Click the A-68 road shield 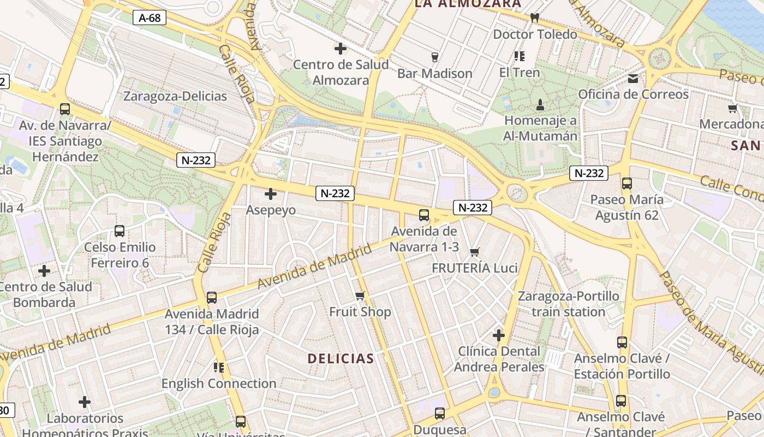[150, 18]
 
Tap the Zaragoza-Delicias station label [175, 96]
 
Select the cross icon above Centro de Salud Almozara [341, 49]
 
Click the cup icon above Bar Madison [435, 57]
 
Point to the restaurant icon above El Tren [519, 56]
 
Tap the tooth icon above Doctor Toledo [535, 18]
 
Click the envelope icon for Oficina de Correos [633, 79]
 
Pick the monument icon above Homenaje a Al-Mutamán [540, 104]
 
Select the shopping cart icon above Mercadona [732, 109]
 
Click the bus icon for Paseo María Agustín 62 [626, 184]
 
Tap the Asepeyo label [271, 210]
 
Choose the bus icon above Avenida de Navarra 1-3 [424, 215]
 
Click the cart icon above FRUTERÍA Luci [474, 252]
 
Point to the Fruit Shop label [360, 312]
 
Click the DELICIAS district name [341, 359]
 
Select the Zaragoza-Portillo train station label [568, 304]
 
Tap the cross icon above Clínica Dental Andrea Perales [499, 335]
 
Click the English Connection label [219, 383]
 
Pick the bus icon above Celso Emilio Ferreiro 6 [120, 231]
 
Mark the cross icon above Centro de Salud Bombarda [44, 271]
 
